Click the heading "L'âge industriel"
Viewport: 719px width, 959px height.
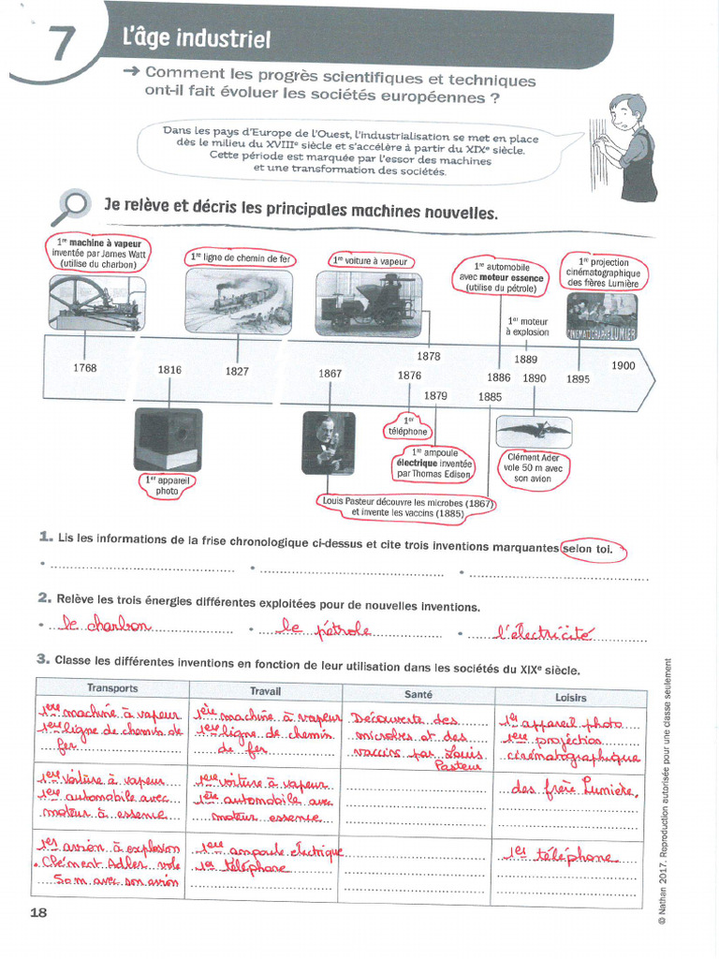tap(197, 38)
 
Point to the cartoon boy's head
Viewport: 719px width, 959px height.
tap(626, 111)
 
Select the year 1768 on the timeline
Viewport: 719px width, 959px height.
tap(85, 368)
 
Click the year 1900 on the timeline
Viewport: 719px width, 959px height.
tap(624, 365)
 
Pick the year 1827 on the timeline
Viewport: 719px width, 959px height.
tap(237, 371)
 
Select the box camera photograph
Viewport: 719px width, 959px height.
tap(168, 439)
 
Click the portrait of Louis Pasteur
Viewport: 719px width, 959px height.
tap(329, 443)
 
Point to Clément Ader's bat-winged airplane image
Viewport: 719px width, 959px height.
tap(534, 431)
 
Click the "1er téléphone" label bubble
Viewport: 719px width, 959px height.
tap(407, 426)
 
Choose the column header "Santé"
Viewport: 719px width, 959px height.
tap(418, 694)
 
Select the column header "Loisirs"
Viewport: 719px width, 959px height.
tap(570, 696)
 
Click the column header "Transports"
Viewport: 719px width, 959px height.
tap(112, 687)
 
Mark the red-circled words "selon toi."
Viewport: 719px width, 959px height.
tap(592, 549)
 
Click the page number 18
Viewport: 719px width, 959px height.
tap(38, 912)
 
